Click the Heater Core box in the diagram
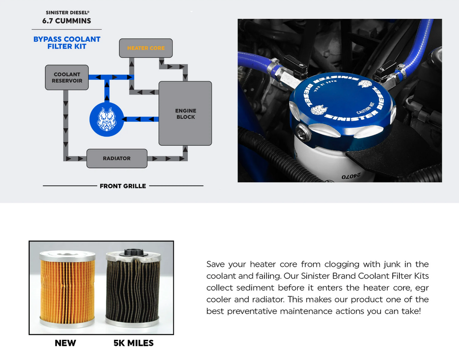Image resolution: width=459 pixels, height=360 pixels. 146,48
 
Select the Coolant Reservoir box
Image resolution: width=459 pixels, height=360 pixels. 67,78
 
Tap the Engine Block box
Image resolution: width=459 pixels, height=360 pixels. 185,113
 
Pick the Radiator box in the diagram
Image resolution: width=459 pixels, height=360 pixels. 117,158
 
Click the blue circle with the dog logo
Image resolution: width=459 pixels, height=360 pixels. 106,119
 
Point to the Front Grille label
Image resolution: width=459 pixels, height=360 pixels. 123,186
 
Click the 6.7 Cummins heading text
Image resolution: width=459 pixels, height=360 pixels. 67,21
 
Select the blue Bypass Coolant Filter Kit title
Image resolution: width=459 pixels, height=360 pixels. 67,43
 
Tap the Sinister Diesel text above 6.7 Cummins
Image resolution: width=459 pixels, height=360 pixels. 67,13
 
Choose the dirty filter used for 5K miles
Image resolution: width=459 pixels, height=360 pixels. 133,287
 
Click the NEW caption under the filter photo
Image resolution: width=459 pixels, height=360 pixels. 65,343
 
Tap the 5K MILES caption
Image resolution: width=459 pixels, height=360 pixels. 133,343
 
